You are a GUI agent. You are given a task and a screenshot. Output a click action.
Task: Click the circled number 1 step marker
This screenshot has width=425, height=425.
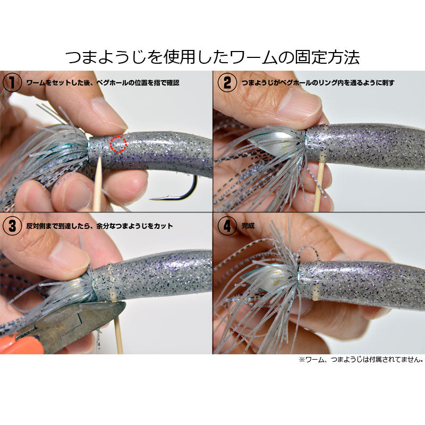[x=12, y=82]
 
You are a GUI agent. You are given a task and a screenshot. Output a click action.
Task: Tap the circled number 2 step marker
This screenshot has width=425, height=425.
[x=227, y=82]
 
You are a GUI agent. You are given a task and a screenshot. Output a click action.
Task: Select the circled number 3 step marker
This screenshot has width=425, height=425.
[x=12, y=225]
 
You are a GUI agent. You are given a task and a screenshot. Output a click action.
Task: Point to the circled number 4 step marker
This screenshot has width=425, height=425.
[x=227, y=225]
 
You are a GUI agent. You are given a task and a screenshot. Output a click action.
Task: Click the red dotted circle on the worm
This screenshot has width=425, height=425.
[x=118, y=144]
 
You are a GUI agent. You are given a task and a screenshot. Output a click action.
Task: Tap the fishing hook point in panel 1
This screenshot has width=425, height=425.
[x=151, y=199]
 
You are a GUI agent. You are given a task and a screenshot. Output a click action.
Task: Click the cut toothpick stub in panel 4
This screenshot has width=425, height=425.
[x=314, y=294]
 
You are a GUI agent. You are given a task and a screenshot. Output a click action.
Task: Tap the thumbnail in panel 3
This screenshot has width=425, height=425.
[x=70, y=257]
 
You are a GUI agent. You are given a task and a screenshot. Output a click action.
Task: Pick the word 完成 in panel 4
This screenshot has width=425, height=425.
[x=248, y=225]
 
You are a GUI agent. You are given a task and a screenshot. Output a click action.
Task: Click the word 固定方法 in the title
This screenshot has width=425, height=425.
[x=327, y=57]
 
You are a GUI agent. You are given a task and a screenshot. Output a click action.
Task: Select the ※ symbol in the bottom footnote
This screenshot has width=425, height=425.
[x=302, y=360]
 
